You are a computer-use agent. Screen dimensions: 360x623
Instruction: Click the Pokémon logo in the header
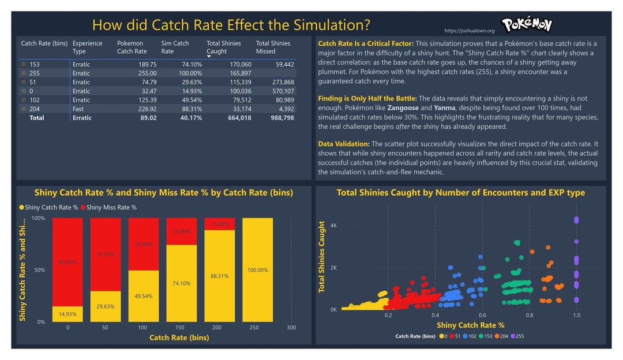point(527,24)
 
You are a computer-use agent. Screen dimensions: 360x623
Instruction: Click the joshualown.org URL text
point(470,31)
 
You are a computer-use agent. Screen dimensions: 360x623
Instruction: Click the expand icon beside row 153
point(24,65)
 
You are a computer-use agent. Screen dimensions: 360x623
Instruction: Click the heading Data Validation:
point(344,144)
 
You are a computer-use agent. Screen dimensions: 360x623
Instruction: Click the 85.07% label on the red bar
point(67,262)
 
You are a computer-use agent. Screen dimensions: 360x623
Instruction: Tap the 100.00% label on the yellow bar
point(257,270)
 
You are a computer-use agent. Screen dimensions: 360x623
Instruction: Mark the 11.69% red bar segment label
point(220,224)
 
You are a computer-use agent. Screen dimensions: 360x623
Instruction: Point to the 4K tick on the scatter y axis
point(333,226)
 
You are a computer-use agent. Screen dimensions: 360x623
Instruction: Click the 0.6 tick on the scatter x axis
point(482,315)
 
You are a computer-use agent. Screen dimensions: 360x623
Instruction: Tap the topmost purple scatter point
point(576,219)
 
